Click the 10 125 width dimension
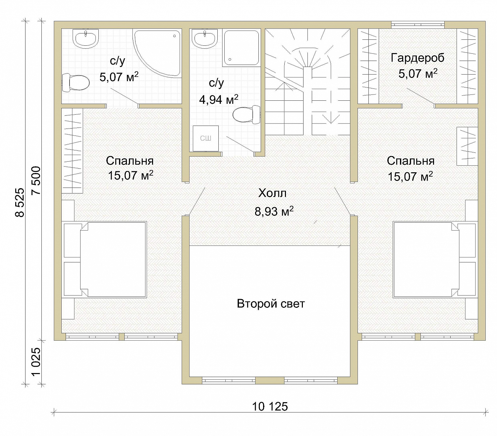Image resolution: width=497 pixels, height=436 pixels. coord(270,407)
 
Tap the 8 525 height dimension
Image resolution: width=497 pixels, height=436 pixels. coord(20,202)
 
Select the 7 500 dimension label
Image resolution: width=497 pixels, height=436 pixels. coord(36,180)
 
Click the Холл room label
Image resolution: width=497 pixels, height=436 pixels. coord(272,193)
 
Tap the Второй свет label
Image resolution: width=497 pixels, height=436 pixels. coord(271,304)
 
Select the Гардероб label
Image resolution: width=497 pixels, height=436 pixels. coord(417,58)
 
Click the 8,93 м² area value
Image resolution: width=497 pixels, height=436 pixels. coord(274,211)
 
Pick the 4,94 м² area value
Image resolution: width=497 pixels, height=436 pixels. coord(219,99)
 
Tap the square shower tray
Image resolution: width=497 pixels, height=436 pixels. coord(242,48)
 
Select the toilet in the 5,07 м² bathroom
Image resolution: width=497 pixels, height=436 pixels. coord(76,83)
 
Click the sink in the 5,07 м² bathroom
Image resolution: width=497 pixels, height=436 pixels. coord(85,39)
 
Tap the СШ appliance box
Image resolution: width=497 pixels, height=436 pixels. coord(205,138)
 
